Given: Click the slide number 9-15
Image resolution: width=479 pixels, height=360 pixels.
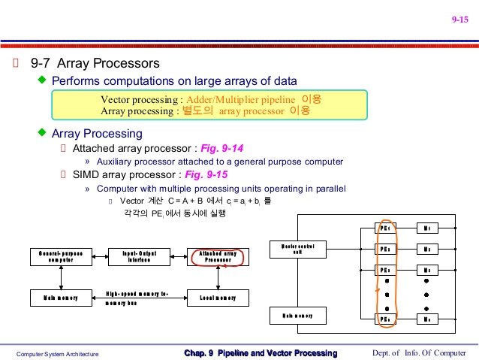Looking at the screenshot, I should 459,20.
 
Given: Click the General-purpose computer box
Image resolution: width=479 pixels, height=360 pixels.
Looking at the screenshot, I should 61,257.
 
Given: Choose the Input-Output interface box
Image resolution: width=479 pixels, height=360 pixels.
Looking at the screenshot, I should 139,257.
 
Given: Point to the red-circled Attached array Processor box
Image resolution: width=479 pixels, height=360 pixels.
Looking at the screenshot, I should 218,257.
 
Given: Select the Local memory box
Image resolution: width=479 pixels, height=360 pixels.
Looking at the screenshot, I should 218,298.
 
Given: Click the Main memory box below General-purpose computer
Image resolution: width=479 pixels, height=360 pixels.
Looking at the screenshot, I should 61,298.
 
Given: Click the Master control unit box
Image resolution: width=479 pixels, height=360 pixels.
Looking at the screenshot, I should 298,248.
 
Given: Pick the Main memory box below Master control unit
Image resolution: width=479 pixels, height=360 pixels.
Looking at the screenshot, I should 298,316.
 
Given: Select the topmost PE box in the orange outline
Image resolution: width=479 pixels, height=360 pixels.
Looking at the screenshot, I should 385,227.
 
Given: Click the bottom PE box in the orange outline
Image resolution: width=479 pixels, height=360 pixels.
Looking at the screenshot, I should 385,319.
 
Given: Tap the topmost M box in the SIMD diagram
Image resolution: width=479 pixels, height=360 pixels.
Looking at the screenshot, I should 426,227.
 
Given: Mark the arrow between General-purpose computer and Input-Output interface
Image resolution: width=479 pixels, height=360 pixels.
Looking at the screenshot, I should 100,257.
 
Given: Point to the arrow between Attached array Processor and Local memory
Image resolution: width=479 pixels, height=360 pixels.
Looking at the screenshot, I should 218,278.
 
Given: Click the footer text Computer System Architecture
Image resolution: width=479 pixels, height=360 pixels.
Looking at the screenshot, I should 58,354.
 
